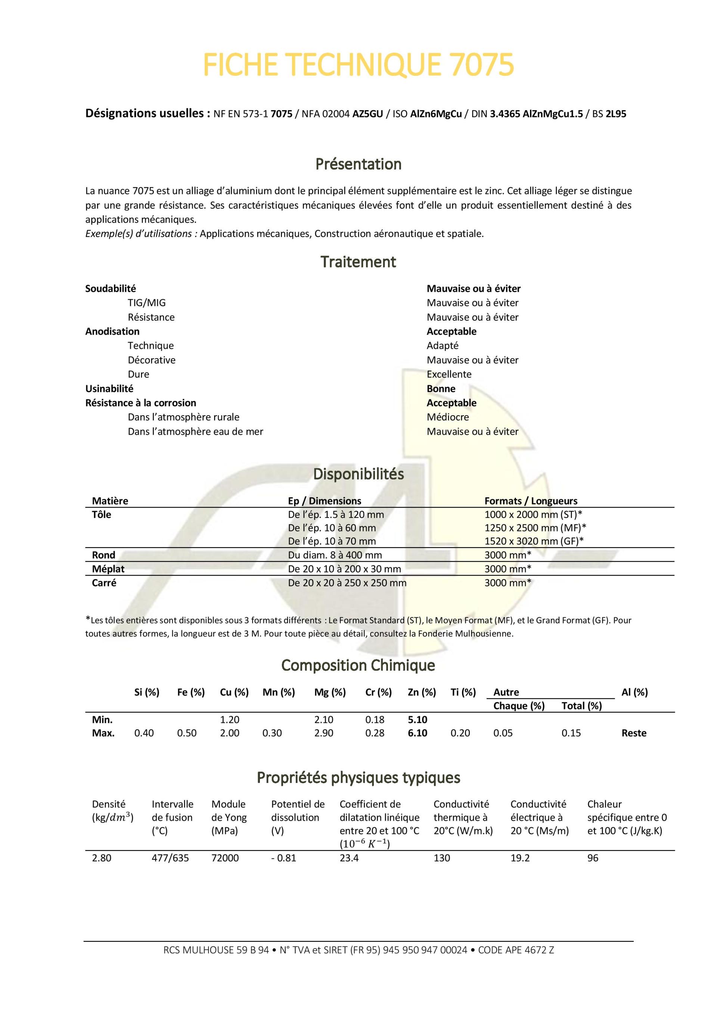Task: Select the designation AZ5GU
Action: point(367,114)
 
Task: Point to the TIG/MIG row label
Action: point(147,303)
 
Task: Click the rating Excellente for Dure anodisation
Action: point(449,374)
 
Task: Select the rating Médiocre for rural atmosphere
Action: point(447,417)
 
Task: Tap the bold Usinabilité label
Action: point(109,389)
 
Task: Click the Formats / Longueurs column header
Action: point(531,501)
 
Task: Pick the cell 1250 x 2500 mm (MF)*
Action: point(535,528)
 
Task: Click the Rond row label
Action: point(103,555)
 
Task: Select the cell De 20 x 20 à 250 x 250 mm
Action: point(347,583)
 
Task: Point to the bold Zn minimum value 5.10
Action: point(417,720)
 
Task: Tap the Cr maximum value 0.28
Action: point(375,733)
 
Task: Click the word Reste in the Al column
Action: point(633,733)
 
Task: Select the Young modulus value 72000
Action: point(225,858)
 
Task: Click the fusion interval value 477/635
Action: point(170,858)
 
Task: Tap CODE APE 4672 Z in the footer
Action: point(516,950)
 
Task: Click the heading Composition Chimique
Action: point(358,665)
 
